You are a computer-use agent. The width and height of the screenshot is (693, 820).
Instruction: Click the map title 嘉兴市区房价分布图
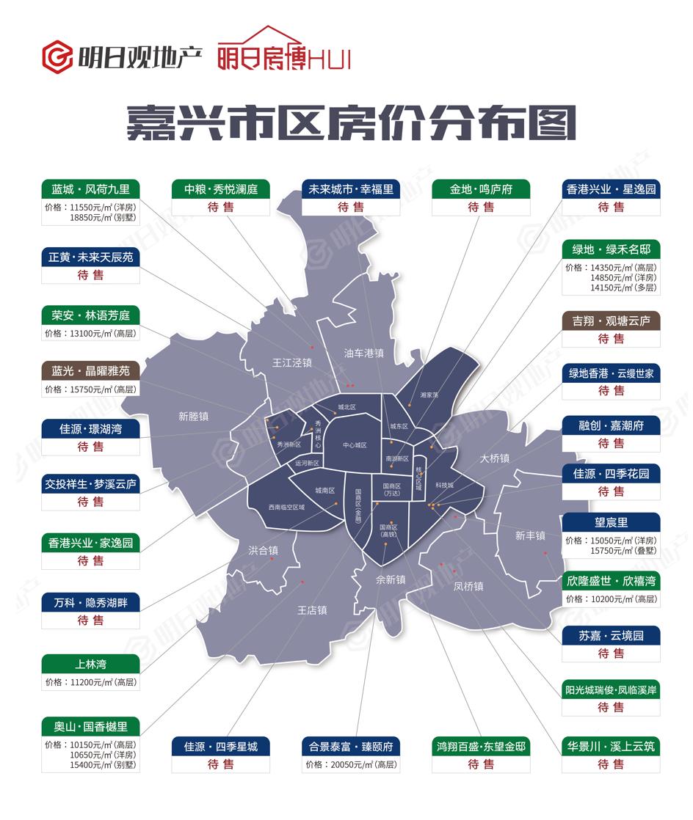[351, 122]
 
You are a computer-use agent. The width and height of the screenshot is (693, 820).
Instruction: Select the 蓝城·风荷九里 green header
[90, 189]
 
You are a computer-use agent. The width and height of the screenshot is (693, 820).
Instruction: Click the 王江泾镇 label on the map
[291, 362]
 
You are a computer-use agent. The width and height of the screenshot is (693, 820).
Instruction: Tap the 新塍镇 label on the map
[194, 416]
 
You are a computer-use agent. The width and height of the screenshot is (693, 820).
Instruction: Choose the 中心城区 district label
[355, 445]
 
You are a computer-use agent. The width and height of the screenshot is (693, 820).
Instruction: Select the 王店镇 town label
[311, 609]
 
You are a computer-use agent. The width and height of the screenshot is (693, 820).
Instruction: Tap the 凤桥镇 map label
[468, 587]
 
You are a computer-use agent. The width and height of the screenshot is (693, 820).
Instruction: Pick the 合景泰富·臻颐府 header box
[351, 747]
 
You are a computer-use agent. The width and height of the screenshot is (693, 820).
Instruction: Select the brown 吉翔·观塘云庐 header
[610, 321]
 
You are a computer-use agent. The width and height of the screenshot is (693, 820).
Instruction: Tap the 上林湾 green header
[90, 664]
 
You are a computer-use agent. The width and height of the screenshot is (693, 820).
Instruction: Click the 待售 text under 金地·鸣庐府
[481, 208]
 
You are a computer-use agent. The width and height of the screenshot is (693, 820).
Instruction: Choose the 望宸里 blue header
[610, 523]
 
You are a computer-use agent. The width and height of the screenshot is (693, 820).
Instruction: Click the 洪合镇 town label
[263, 550]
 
